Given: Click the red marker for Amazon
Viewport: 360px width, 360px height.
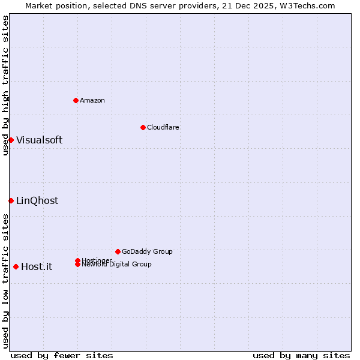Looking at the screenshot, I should coord(76,100).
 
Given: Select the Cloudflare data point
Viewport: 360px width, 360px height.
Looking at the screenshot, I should coord(143,127).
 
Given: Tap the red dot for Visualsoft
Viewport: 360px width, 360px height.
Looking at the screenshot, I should coord(11,140).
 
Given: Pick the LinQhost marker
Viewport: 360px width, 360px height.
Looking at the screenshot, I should coord(11,200).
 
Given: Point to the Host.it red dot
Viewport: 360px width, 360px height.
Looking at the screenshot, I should coord(16,266).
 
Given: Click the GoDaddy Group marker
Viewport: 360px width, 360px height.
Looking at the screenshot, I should coord(118,251).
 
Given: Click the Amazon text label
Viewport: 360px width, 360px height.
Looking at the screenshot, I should coord(92,100).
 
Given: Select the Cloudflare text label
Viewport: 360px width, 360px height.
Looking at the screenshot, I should coord(163,127).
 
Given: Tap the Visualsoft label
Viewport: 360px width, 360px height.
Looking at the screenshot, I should coord(39,140).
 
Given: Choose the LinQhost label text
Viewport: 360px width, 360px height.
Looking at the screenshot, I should coord(37,200).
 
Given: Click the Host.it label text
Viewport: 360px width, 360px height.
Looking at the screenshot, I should coord(37,266).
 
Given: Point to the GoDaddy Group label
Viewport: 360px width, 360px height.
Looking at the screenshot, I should coord(147,251).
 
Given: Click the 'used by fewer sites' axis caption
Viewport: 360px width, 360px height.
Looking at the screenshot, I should coord(62,355).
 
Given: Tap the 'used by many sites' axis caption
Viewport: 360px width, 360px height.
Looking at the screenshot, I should coord(301,355).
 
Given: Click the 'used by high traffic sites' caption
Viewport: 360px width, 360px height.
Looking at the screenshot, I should coord(5,85).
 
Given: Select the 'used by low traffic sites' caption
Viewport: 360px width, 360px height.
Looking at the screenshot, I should coord(5,281).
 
